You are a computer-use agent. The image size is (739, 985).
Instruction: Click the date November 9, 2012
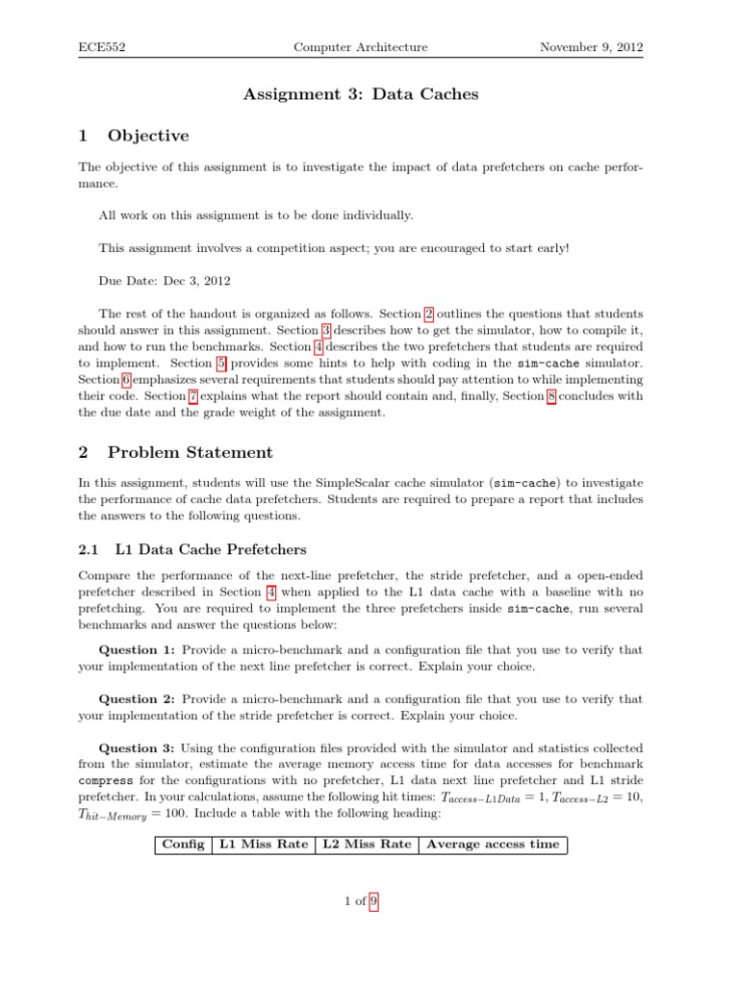(x=592, y=47)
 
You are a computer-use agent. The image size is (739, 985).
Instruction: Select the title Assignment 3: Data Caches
(x=361, y=94)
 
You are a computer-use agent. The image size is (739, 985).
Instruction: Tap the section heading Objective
(x=148, y=136)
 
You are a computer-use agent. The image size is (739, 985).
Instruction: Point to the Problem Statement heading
(x=190, y=452)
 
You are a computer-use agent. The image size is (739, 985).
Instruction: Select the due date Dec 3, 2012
(x=165, y=281)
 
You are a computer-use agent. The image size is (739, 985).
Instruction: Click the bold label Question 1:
(x=137, y=650)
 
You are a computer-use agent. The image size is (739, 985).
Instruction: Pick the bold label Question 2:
(x=137, y=699)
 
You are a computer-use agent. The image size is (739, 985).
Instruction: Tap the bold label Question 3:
(x=137, y=748)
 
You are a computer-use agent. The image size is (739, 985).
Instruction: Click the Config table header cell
(x=184, y=845)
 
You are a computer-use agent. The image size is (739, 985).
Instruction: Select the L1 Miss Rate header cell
(x=264, y=845)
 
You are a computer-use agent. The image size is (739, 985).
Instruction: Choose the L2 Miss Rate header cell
(x=367, y=845)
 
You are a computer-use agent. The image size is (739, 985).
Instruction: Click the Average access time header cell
(x=492, y=845)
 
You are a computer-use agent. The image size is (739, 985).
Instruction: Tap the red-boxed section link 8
(x=551, y=396)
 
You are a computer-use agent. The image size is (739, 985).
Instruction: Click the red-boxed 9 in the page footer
(x=374, y=901)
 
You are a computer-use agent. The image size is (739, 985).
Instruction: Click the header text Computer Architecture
(x=360, y=47)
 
